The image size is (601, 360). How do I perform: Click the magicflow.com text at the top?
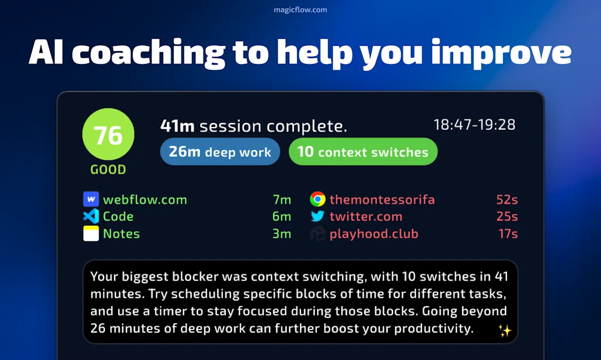pos(300,9)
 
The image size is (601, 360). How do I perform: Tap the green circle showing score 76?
pos(108,134)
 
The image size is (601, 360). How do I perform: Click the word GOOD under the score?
pos(108,170)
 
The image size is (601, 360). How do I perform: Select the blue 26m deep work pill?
pos(220,152)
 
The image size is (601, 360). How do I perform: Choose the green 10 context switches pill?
pos(363,152)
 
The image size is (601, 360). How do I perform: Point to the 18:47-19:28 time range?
pos(474,125)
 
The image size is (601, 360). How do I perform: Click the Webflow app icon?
pos(91,199)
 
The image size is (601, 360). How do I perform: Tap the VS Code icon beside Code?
pos(91,216)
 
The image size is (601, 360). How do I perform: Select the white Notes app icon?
pos(91,234)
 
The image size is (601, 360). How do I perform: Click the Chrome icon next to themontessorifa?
pos(318,199)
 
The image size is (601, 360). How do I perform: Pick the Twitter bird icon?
pos(318,216)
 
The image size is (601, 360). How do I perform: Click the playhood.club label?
pos(374,234)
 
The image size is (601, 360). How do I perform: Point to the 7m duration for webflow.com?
pos(282,200)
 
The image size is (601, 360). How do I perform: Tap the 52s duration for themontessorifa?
pos(507,200)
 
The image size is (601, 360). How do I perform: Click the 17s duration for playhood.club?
pos(507,234)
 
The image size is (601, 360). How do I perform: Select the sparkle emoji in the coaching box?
pos(504,331)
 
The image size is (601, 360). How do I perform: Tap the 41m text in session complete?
pos(178,126)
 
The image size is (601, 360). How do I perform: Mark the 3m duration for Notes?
pos(282,234)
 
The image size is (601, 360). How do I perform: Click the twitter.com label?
pos(366,217)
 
